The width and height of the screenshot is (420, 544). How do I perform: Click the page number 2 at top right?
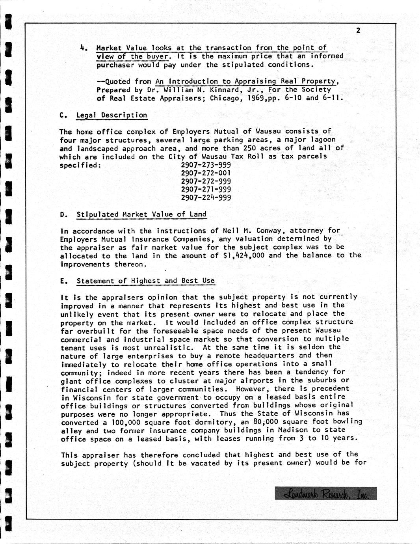tap(358, 30)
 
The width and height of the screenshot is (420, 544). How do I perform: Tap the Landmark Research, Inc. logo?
tap(326, 493)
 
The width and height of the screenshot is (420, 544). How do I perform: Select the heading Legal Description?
tap(112, 115)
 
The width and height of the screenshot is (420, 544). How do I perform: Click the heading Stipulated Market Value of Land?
tap(141, 214)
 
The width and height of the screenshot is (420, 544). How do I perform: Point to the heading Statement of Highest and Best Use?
tap(145, 281)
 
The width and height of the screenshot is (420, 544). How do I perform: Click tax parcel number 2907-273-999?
tap(206, 165)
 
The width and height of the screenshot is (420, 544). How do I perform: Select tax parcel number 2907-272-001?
tap(206, 173)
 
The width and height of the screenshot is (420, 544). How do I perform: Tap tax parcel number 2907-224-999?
tap(206, 198)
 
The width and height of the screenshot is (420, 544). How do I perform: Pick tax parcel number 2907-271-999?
tap(206, 190)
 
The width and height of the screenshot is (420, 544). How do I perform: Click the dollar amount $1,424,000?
tap(243, 255)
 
